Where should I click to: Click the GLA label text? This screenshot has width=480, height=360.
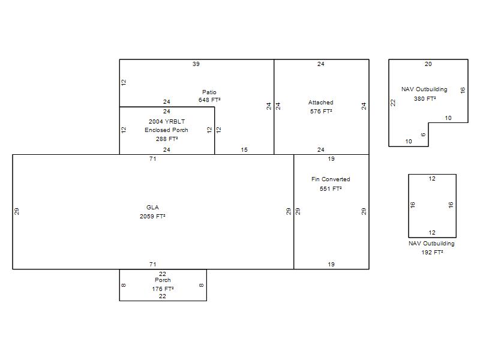click(152, 207)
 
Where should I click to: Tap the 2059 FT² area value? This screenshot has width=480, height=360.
click(152, 217)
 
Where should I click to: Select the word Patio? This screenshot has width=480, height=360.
click(209, 92)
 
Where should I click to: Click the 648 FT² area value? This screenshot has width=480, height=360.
click(209, 100)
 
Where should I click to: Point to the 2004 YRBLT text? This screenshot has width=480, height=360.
click(167, 122)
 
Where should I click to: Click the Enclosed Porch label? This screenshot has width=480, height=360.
click(166, 130)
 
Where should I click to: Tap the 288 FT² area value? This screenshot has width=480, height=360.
click(167, 139)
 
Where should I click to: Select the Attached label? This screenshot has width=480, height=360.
click(321, 103)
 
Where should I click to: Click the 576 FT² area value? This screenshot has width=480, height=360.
click(321, 112)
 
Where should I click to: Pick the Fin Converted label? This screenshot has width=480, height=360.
click(331, 179)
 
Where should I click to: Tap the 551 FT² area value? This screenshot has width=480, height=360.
click(331, 189)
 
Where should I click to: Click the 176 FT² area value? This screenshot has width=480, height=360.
click(163, 289)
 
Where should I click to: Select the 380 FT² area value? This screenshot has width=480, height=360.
click(425, 99)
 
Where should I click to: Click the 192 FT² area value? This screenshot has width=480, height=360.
click(432, 253)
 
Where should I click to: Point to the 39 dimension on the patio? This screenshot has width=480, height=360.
click(196, 64)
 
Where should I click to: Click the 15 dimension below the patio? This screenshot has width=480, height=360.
click(244, 149)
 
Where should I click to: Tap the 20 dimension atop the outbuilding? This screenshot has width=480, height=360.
click(428, 64)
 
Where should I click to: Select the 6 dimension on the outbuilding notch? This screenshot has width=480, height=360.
click(424, 134)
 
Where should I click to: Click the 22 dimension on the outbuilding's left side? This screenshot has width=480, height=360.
click(393, 103)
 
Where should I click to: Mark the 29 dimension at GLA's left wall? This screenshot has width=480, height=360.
click(17, 211)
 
